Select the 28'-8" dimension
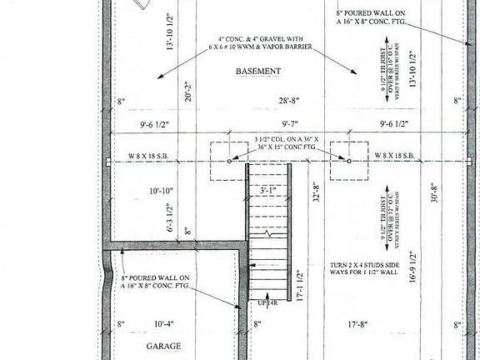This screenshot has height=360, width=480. coord(290,101)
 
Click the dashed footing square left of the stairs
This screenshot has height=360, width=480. coord(229,158)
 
